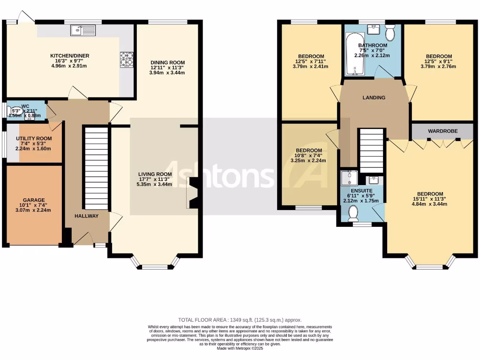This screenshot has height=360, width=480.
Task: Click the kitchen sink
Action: coord(83,30)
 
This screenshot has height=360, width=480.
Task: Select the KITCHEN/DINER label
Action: coord(70,56)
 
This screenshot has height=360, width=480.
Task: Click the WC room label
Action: coord(18,106)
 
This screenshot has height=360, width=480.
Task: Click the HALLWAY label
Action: coord(87,216)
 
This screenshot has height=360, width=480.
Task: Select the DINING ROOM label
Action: coord(167,62)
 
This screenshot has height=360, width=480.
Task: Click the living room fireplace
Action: coord(193,193)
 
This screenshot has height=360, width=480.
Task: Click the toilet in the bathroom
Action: coord(390,34)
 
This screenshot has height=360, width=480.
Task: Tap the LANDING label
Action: coord(374,97)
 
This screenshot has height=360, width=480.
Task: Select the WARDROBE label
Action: coord(442,131)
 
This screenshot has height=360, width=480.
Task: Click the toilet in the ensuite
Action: coord(353,213)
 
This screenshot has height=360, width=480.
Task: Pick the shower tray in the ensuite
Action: coord(349,179)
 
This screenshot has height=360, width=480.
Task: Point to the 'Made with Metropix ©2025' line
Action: coord(240,348)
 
